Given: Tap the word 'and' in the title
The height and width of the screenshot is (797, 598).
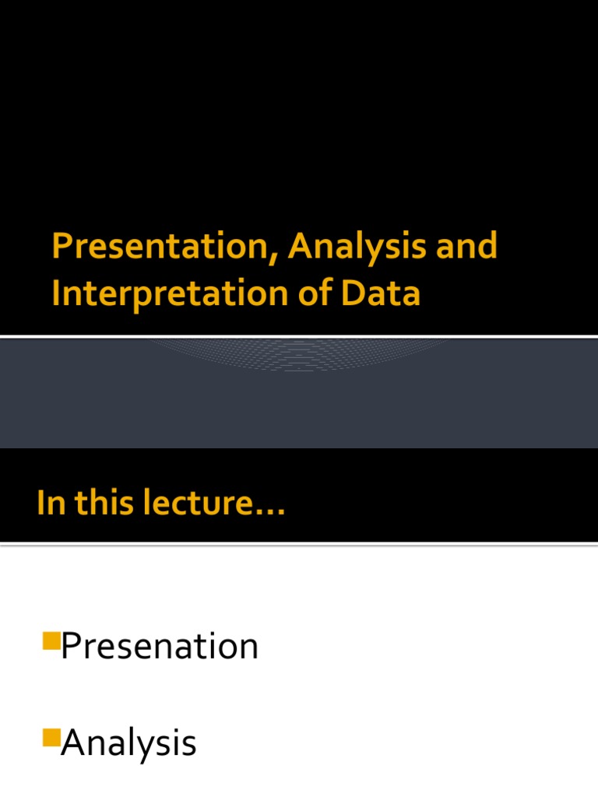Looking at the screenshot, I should pos(466,248).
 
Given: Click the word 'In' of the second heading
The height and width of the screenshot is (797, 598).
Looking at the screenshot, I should pos(47,503).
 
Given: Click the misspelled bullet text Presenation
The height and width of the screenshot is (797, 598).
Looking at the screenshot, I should pos(160,647).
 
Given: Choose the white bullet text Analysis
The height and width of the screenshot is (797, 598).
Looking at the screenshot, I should pos(128,744).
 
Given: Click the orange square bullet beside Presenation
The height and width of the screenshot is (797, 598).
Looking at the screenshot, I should pos(51,641).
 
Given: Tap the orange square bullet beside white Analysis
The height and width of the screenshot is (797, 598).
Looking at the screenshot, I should pos(51,737).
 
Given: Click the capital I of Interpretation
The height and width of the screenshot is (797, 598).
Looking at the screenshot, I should pos(56,294).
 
